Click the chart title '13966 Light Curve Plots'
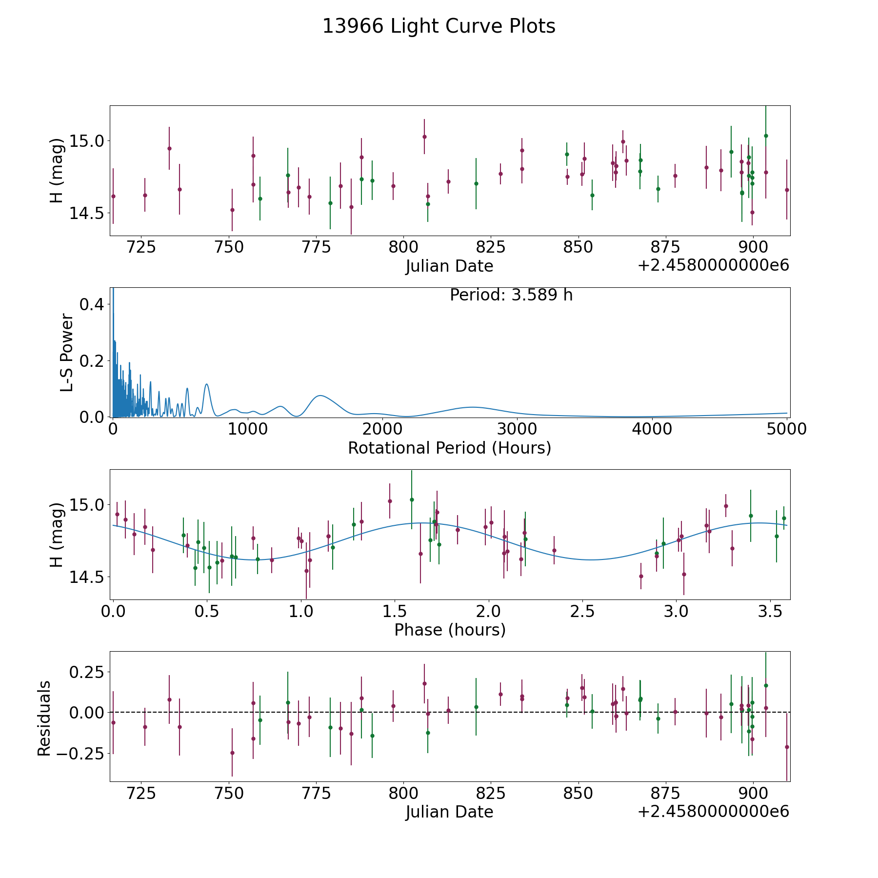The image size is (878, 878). pyautogui.click(x=439, y=26)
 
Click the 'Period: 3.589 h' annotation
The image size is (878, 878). pyautogui.click(x=511, y=295)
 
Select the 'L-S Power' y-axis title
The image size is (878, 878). pyautogui.click(x=67, y=352)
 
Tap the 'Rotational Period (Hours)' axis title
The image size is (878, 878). pyautogui.click(x=450, y=448)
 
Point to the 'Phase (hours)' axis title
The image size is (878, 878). pyautogui.click(x=450, y=630)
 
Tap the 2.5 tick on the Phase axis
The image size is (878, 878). pyautogui.click(x=582, y=612)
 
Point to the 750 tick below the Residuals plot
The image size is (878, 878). pyautogui.click(x=229, y=793)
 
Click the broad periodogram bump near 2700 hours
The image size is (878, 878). pyautogui.click(x=472, y=407)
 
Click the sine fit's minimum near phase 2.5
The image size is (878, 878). pyautogui.click(x=591, y=560)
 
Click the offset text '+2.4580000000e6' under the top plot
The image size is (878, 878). pyautogui.click(x=713, y=266)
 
